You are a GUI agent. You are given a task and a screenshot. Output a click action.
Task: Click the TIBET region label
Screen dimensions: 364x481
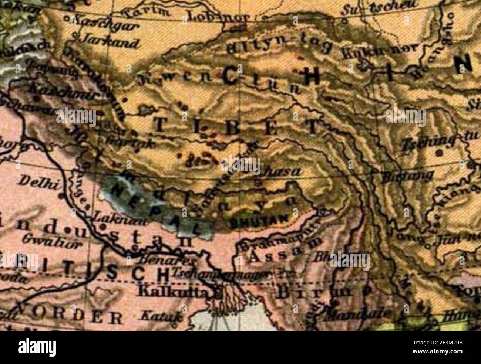(235, 126)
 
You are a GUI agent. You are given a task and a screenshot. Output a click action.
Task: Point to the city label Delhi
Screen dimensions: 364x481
(36, 182)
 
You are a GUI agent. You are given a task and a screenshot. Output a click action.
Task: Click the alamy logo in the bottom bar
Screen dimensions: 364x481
(37, 347)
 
